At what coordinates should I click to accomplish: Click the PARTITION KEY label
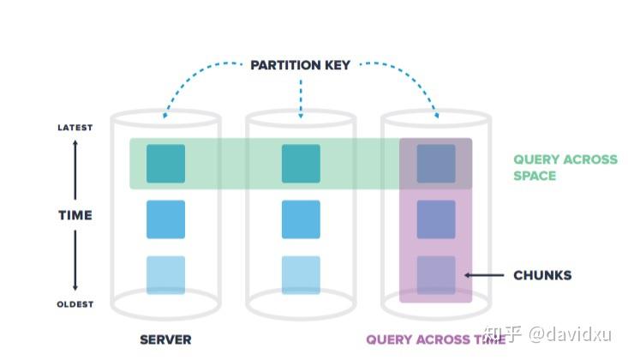(x=300, y=65)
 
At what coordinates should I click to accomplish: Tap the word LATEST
(x=75, y=128)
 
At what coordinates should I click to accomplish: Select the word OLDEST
(x=75, y=304)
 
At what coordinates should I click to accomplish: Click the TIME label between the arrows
(x=75, y=215)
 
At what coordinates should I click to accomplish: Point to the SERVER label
(x=165, y=339)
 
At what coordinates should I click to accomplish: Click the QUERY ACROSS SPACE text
(x=565, y=167)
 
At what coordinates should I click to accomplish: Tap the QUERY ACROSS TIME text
(x=435, y=339)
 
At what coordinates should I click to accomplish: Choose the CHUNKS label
(x=541, y=275)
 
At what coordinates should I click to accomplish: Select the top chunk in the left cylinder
(x=165, y=164)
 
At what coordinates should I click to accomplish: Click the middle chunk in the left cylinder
(x=165, y=219)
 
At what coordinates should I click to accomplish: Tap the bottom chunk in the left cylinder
(x=165, y=274)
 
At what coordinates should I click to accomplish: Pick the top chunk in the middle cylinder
(x=301, y=164)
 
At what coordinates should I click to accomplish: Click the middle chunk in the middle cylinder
(x=301, y=219)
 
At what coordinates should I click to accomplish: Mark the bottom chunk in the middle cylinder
(x=301, y=274)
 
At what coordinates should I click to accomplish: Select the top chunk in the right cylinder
(x=436, y=164)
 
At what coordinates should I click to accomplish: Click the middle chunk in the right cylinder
(x=436, y=219)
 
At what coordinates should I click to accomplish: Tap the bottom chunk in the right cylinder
(x=436, y=274)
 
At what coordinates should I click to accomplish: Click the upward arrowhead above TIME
(x=75, y=144)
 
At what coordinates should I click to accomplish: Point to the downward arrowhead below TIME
(x=75, y=288)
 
